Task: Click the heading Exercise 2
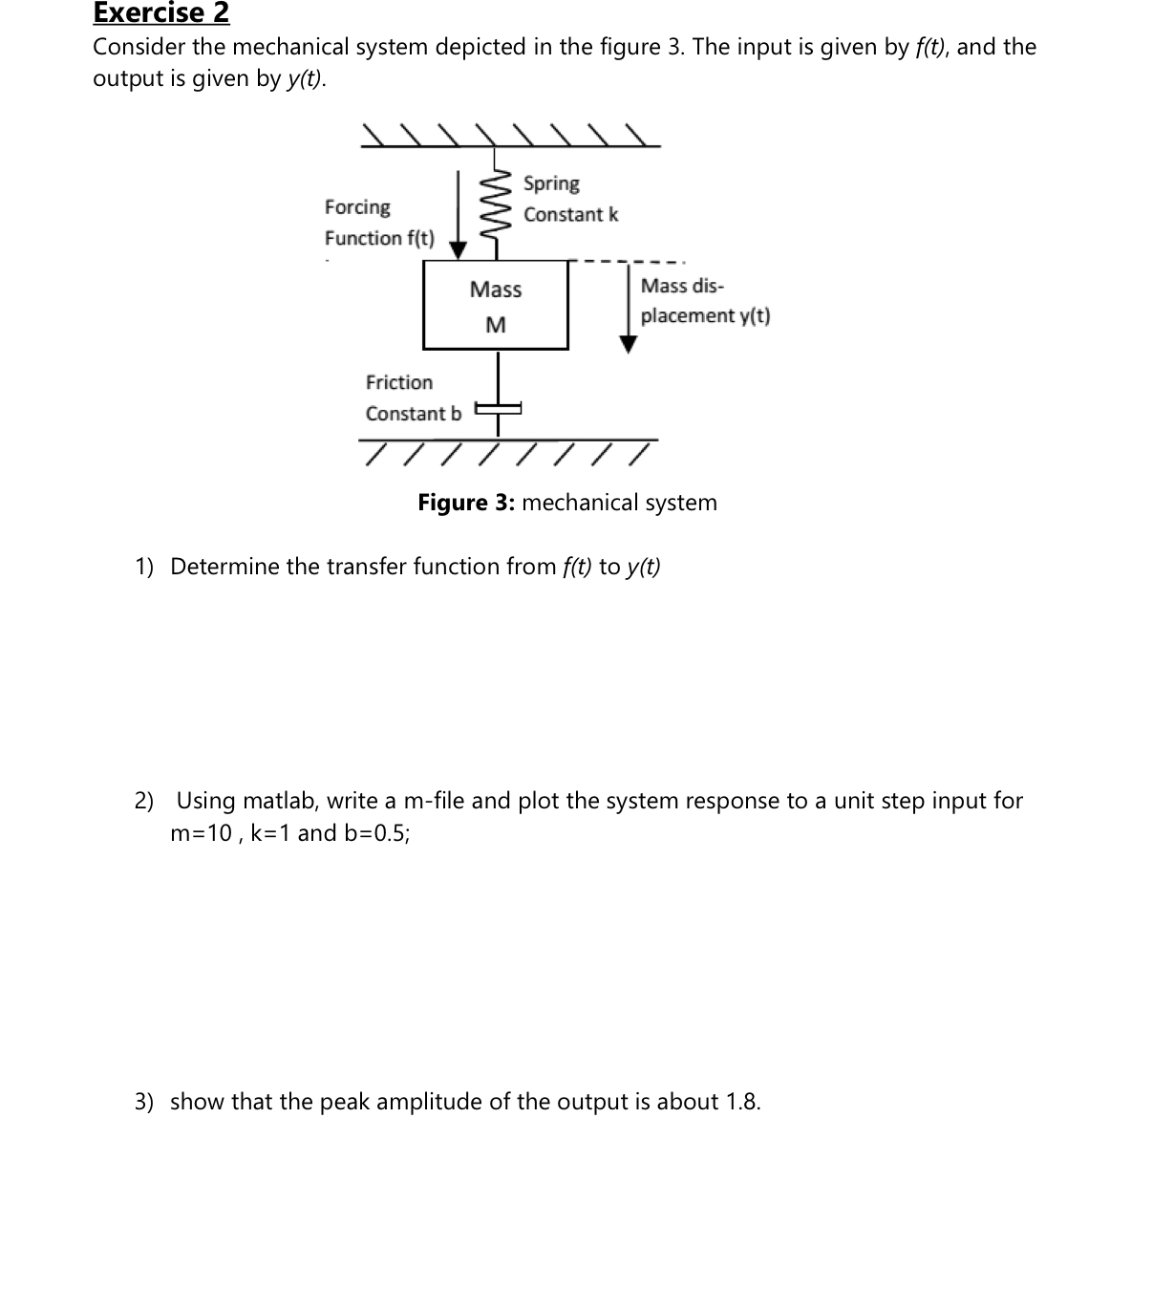point(160,13)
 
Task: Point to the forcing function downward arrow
point(459,215)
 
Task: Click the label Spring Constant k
point(570,199)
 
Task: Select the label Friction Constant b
point(413,398)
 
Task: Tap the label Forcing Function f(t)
point(378,223)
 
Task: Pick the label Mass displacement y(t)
point(705,300)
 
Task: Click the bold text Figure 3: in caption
point(466,503)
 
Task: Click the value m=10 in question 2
point(201,833)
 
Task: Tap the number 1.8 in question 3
point(741,1102)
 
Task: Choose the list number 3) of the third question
point(143,1102)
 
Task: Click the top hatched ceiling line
point(510,145)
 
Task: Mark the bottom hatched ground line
point(508,441)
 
